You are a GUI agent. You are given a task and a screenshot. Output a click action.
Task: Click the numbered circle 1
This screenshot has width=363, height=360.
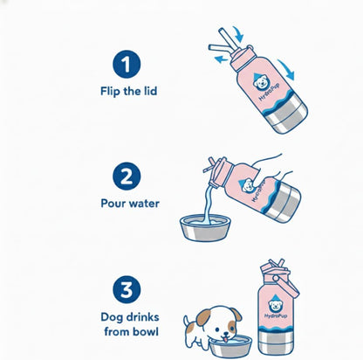[x=127, y=64]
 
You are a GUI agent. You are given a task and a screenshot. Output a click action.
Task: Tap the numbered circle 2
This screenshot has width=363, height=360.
[x=127, y=177]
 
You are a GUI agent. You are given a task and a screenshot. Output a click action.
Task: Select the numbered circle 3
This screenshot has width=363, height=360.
[x=127, y=289]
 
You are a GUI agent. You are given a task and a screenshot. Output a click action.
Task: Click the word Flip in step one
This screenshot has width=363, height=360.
[x=110, y=91]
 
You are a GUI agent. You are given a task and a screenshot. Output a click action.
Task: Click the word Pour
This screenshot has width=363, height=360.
[x=113, y=203]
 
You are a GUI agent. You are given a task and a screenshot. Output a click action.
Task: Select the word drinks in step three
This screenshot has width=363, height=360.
[x=142, y=317]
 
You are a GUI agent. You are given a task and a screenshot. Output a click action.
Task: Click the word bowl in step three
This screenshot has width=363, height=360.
[x=146, y=331]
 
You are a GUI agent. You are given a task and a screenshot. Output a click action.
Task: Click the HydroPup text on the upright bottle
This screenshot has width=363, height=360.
[x=276, y=315]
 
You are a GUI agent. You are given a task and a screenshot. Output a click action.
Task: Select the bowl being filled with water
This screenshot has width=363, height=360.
[x=205, y=228]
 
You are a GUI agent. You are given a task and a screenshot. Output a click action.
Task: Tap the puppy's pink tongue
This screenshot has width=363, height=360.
[x=224, y=339]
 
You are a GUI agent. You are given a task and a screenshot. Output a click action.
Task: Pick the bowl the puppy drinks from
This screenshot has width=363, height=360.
[x=231, y=346]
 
